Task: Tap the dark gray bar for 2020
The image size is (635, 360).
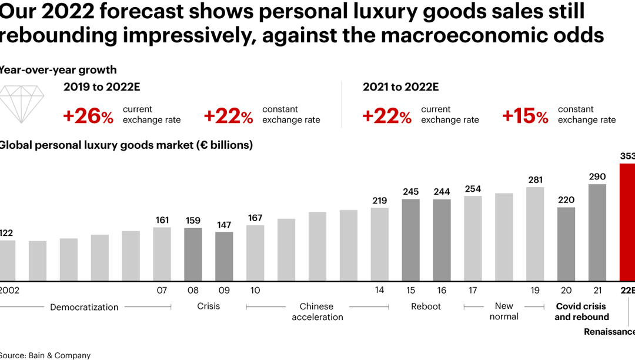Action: [566, 244]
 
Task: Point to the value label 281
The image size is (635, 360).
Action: [535, 180]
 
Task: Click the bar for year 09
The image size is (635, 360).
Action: [224, 256]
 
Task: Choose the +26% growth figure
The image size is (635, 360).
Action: [88, 116]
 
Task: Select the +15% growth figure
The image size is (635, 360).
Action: [525, 116]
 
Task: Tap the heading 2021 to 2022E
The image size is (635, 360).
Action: [400, 87]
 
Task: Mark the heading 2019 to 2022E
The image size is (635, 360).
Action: [102, 87]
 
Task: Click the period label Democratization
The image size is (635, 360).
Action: [84, 307]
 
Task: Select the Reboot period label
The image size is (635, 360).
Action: [426, 306]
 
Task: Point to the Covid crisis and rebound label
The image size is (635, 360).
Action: [581, 312]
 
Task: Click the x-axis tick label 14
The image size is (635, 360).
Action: [380, 291]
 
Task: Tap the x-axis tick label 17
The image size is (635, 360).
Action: [473, 291]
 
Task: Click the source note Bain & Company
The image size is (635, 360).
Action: [46, 355]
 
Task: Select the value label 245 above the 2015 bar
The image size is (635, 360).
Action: [411, 192]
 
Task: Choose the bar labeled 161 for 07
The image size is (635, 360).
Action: [162, 254]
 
